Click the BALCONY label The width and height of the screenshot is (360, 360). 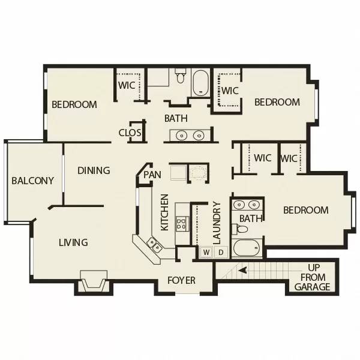point(32,181)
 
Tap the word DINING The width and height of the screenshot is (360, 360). point(94,170)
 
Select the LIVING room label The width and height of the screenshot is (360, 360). point(73,242)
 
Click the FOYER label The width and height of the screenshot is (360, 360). point(181,280)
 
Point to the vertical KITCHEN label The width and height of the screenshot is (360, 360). point(164,212)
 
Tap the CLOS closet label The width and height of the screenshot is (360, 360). point(130,133)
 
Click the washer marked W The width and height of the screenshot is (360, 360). point(206,252)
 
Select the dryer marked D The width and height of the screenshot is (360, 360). point(220,252)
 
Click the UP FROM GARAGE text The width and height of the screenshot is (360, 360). point(313,277)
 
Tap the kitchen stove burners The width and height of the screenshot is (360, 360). point(181,224)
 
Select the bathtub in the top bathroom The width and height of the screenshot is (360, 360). point(200,83)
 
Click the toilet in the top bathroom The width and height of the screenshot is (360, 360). point(181,76)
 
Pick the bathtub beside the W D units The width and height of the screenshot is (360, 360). point(247,248)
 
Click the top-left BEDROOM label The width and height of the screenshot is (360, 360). point(74,104)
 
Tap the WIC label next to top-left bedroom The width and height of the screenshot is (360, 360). point(127,85)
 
